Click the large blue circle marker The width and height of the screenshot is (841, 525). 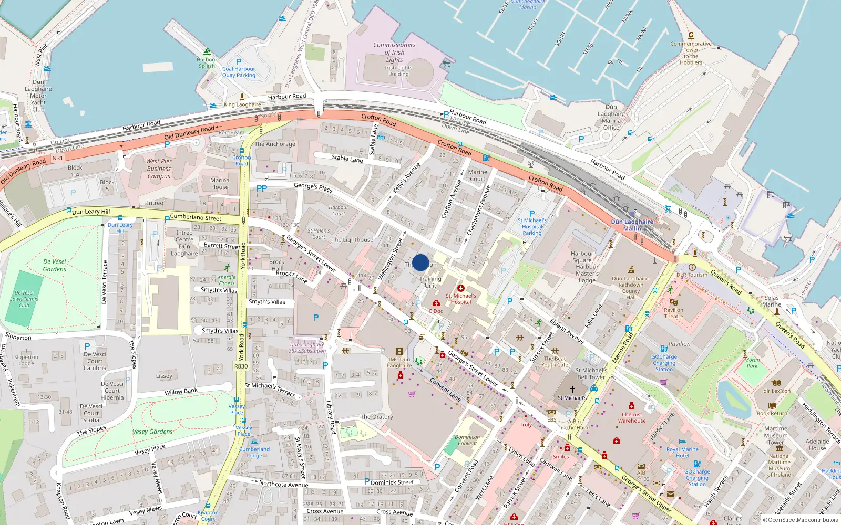[420, 262]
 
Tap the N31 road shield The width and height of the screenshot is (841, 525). [57, 158]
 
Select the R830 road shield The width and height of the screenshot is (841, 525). [241, 366]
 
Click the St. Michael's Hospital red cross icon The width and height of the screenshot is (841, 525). [460, 288]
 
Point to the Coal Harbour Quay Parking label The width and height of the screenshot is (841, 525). [239, 72]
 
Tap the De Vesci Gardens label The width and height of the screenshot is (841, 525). [55, 265]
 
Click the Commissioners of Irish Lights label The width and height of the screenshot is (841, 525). [394, 52]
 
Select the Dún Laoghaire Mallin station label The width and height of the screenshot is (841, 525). [632, 225]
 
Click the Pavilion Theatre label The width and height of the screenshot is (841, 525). [673, 313]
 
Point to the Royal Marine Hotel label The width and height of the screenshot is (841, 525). [682, 453]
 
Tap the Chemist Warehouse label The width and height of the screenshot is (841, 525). [632, 417]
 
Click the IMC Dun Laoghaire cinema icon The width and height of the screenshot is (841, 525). [399, 352]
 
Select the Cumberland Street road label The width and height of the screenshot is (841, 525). [196, 217]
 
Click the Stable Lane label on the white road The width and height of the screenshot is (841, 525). [347, 158]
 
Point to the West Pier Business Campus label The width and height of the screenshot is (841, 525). [159, 169]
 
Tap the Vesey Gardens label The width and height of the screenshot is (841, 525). [152, 432]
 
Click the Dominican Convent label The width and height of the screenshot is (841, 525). [467, 440]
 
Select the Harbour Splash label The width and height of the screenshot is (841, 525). [207, 62]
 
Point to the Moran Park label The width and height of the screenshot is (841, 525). [752, 363]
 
